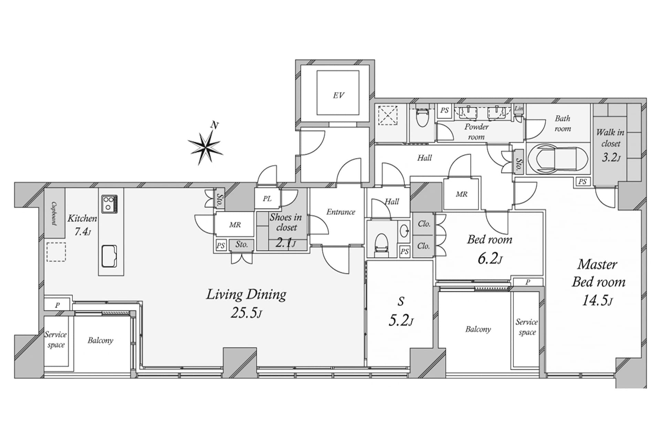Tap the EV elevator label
click(x=338, y=95)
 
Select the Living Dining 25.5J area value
click(x=246, y=313)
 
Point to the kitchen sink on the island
click(x=109, y=256)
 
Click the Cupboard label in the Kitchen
click(x=54, y=213)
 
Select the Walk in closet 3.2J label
click(x=610, y=145)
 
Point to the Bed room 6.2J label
click(x=490, y=249)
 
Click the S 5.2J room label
click(x=401, y=312)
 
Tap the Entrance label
click(x=340, y=212)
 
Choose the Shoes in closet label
click(x=286, y=222)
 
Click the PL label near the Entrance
click(x=267, y=199)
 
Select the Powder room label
click(x=476, y=132)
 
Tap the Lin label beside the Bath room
click(x=519, y=108)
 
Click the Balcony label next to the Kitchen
click(x=100, y=340)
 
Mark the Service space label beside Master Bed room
click(x=527, y=327)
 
